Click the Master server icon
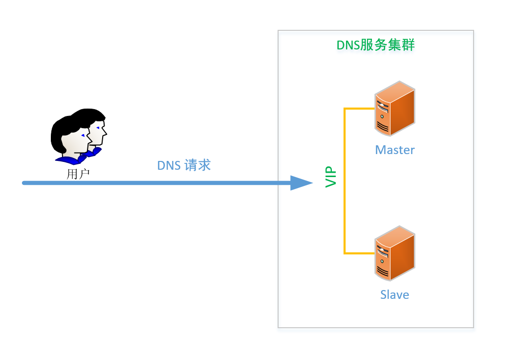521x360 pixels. click(395, 109)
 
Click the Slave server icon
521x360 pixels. click(395, 253)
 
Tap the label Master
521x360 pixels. click(395, 150)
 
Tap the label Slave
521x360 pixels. click(394, 294)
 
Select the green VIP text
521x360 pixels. click(331, 177)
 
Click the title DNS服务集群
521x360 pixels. click(375, 45)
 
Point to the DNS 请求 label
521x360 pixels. click(184, 165)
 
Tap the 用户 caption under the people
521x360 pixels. click(78, 174)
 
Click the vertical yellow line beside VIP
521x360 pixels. click(345, 181)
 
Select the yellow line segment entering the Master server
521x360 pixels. click(359, 109)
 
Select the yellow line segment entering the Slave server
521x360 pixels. click(359, 253)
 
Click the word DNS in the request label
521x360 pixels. click(168, 165)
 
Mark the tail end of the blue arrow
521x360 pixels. click(24, 183)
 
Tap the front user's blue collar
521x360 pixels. click(68, 159)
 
